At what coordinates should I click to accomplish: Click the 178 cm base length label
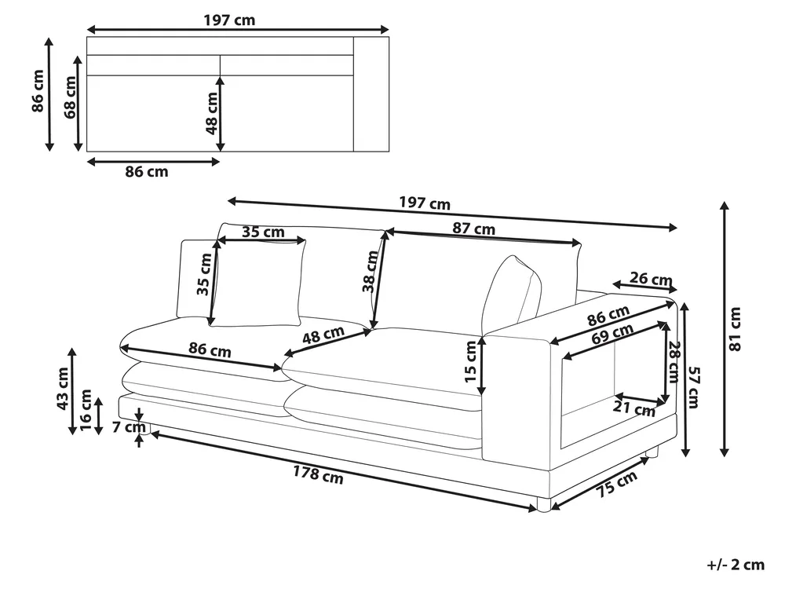coord(318,474)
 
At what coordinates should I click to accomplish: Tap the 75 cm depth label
coord(617,484)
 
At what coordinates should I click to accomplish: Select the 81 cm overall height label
coord(735,330)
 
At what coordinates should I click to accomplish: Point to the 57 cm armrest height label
coord(693,387)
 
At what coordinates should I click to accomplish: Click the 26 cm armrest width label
coord(651,279)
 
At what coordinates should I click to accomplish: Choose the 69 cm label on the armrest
coord(612,334)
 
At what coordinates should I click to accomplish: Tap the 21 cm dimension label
coord(633,408)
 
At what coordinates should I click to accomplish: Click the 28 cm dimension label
coord(674,362)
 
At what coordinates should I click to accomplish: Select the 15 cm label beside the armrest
coord(470,361)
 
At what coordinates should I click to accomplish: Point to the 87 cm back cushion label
coord(473,229)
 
